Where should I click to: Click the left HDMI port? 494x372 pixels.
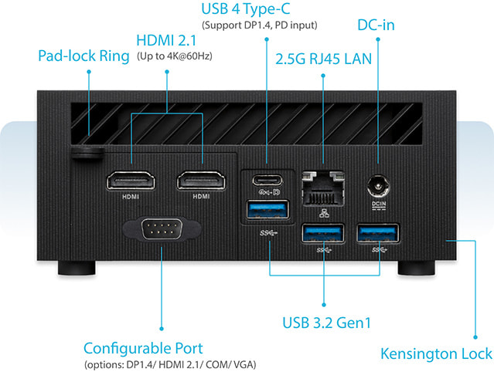click(131, 181)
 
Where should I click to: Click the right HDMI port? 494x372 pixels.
click(201, 181)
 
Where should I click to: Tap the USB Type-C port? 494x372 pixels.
click(267, 180)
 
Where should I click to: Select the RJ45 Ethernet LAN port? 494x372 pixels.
click(323, 188)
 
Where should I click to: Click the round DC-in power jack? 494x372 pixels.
click(378, 187)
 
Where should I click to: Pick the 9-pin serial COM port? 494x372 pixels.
click(162, 229)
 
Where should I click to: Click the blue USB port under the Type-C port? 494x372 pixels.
click(267, 209)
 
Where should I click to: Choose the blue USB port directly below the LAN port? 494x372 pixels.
click(323, 233)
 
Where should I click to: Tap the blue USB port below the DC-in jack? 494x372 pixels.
click(378, 233)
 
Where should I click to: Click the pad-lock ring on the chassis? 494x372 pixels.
click(87, 153)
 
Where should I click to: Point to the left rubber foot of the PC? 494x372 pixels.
click(77, 268)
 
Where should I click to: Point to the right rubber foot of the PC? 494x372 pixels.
click(417, 268)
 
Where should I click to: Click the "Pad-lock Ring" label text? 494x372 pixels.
click(83, 56)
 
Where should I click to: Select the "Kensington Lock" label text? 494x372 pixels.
click(436, 353)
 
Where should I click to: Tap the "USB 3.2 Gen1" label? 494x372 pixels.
click(327, 323)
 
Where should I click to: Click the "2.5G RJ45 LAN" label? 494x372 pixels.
click(324, 59)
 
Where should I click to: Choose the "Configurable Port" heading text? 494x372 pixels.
click(143, 348)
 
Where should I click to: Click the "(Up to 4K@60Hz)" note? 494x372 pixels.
click(175, 56)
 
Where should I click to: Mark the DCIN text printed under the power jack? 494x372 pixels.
click(379, 204)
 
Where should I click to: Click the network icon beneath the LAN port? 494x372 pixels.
click(324, 214)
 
